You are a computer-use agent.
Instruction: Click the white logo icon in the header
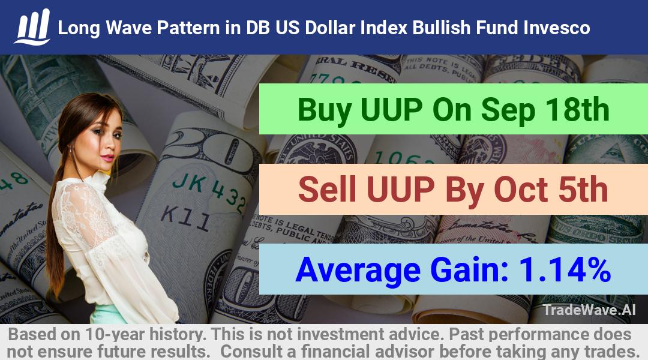pos(32,27)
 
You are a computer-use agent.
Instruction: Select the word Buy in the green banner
pos(325,110)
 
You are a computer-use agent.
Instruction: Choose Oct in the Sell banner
pos(521,190)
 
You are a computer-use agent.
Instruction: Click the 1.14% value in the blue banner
pos(565,269)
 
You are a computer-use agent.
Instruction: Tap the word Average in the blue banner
pos(358,270)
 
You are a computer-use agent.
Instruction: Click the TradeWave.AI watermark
pos(589,310)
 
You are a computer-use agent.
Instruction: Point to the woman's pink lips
pos(107,158)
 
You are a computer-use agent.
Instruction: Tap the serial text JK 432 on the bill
pos(209,191)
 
